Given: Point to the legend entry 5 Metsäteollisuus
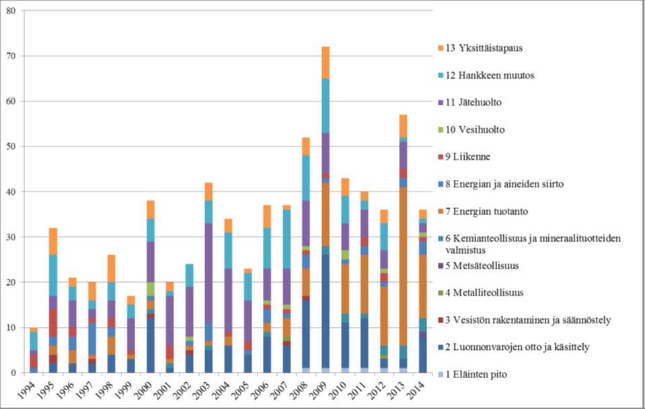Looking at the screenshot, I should pyautogui.click(x=494, y=265).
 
